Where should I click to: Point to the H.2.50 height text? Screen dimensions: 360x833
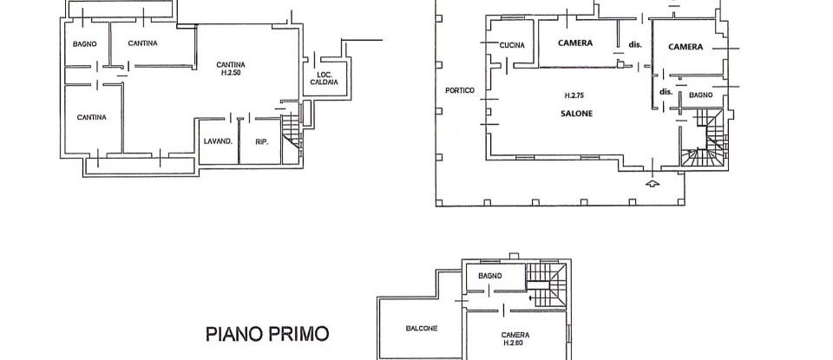tap(231, 73)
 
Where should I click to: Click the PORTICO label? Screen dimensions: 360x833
tap(459, 90)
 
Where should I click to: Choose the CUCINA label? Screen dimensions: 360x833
tap(512, 46)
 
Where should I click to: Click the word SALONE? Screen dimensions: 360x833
tap(575, 113)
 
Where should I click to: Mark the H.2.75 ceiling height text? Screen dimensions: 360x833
tap(574, 95)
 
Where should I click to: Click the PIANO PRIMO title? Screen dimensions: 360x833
tap(266, 333)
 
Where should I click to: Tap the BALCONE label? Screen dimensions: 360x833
tap(421, 328)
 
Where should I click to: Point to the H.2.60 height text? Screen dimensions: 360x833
tap(515, 343)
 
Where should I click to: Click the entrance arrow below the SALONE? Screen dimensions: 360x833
tap(653, 183)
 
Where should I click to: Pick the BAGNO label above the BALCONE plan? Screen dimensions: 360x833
tap(489, 275)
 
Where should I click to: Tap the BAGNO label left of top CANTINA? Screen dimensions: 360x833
tap(85, 43)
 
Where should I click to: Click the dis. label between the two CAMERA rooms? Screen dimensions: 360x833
tap(634, 43)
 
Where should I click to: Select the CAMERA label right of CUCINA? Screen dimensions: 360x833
tap(575, 43)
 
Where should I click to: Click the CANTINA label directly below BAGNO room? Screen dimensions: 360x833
tap(91, 117)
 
